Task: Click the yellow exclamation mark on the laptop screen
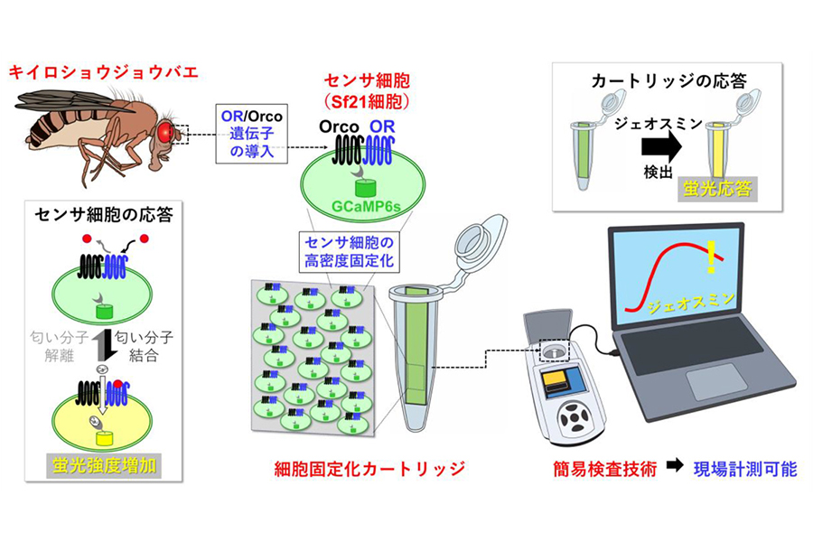pos(714,256)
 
